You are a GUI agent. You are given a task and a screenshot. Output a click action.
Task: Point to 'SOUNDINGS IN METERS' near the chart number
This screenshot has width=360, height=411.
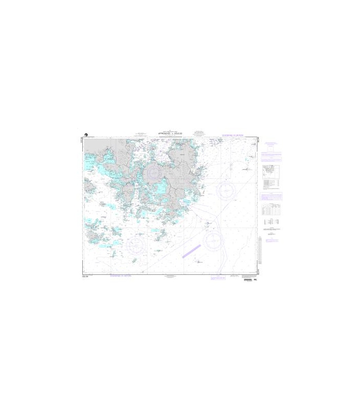(121, 276)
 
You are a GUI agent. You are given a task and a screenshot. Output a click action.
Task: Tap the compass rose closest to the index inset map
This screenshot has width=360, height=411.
(226, 191)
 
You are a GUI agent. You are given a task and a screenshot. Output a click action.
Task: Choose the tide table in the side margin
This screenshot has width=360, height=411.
(270, 209)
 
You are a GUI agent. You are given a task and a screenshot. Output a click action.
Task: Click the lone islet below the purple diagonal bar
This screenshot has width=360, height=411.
(198, 261)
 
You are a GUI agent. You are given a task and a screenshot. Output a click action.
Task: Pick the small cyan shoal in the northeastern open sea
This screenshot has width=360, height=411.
(247, 167)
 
